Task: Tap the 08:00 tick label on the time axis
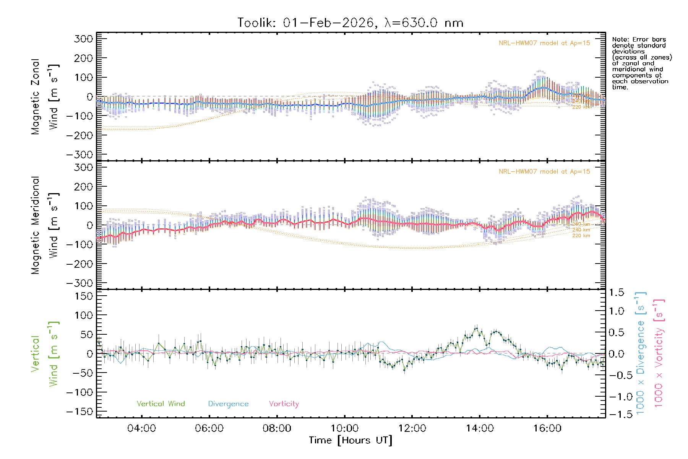pos(277,428)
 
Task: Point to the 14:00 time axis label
pos(480,428)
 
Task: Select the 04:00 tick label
pos(141,428)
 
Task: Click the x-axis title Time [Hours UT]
pos(350,441)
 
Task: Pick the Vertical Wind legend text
pos(161,404)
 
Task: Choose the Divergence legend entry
pos(228,404)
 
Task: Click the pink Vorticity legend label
pos(284,404)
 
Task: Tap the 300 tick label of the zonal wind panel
pos(84,39)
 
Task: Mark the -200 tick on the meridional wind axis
pos(80,264)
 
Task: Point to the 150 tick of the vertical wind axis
pos(84,296)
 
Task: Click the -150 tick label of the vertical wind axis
pos(80,412)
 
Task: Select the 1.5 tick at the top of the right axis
pos(617,293)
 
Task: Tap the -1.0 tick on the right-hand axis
pos(617,397)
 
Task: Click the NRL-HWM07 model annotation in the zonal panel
pos(544,43)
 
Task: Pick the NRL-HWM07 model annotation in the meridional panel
pos(544,172)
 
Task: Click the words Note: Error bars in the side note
pos(639,39)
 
